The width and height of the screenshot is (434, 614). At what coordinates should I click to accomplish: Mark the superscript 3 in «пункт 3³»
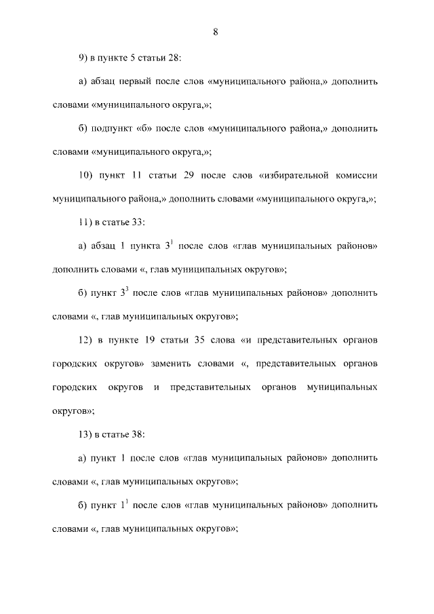pyautogui.click(x=126, y=289)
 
